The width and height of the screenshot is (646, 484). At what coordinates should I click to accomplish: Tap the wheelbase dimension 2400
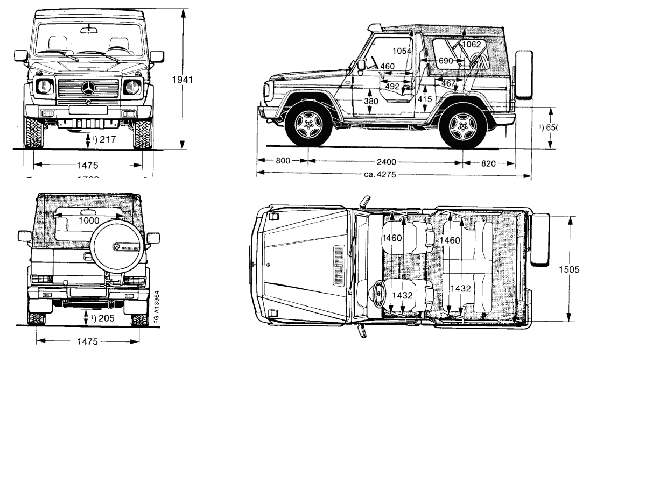386,161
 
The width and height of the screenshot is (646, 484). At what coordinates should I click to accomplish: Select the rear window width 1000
89,220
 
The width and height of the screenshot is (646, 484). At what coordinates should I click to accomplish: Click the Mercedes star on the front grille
88,89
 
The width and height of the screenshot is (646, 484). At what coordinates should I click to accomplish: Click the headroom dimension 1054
402,51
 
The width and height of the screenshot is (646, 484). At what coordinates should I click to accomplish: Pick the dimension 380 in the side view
370,101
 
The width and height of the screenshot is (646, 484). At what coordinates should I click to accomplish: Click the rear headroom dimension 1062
471,44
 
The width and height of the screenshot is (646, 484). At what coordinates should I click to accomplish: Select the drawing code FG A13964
156,308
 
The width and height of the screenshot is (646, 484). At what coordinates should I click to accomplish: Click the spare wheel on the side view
524,75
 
